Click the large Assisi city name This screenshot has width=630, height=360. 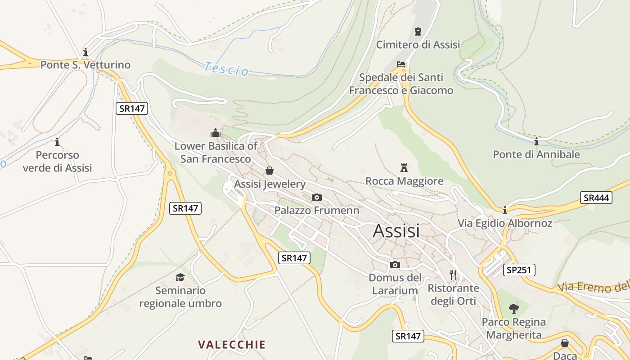(396, 231)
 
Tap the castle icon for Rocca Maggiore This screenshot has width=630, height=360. (404, 168)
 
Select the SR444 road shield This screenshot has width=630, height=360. (596, 198)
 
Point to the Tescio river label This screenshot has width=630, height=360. (226, 69)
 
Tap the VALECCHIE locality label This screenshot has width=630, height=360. (232, 345)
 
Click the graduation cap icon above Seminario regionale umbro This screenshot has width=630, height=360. (180, 277)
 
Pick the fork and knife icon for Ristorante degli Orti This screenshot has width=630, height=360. (453, 274)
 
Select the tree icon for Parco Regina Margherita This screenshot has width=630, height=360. (513, 309)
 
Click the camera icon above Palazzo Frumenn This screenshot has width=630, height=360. (317, 197)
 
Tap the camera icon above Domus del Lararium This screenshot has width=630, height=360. (395, 265)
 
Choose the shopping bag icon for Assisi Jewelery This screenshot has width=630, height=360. (270, 171)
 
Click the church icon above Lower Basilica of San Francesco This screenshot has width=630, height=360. (216, 133)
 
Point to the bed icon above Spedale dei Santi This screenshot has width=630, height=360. (401, 64)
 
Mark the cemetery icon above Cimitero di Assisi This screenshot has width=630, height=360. (418, 31)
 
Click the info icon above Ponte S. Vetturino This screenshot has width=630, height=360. (85, 52)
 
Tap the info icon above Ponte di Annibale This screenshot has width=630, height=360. (536, 142)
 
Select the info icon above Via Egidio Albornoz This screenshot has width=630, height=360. (505, 210)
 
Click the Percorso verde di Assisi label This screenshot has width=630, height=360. (57, 162)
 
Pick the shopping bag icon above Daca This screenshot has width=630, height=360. (565, 343)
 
